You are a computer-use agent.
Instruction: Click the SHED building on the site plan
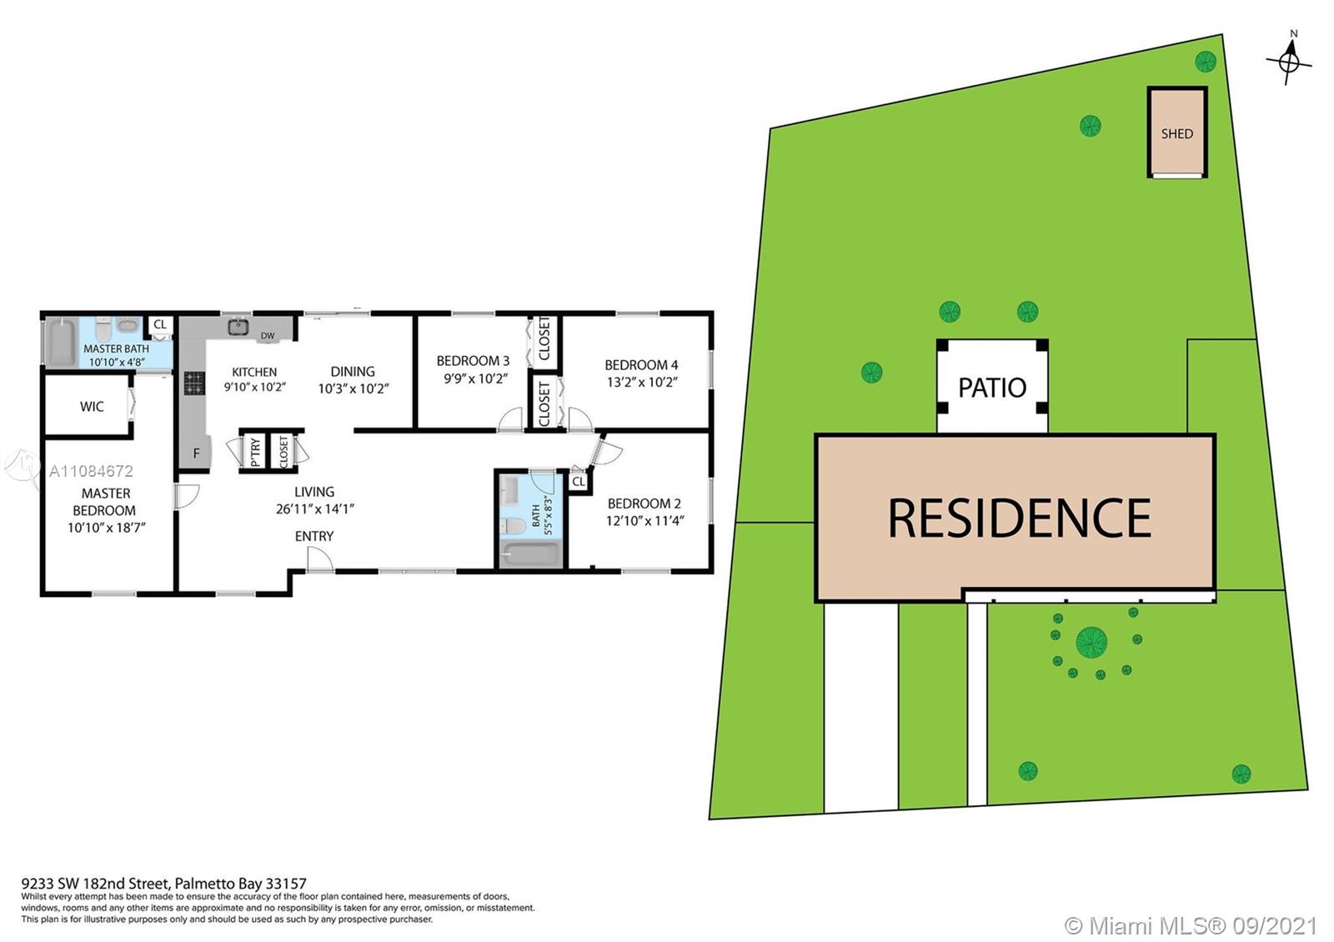(1176, 133)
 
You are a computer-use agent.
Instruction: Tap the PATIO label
(991, 388)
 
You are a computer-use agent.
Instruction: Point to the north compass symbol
(1290, 61)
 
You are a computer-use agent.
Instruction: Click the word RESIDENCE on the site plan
(1019, 518)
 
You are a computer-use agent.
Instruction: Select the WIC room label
(92, 407)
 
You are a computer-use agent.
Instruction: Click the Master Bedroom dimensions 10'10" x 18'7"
(107, 528)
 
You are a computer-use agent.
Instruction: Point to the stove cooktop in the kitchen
(194, 383)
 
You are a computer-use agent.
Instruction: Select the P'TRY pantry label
(255, 451)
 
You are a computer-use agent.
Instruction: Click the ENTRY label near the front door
(314, 536)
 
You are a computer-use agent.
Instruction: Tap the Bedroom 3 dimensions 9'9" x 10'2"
(473, 378)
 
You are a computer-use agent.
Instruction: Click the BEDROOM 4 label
(641, 364)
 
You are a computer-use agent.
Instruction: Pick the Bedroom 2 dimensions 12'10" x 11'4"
(644, 521)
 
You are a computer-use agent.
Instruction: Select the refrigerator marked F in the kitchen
(197, 453)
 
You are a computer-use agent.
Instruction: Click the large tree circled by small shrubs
(1091, 642)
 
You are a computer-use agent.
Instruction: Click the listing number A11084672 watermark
(91, 471)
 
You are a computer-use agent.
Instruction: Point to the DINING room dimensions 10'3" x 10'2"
(353, 388)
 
